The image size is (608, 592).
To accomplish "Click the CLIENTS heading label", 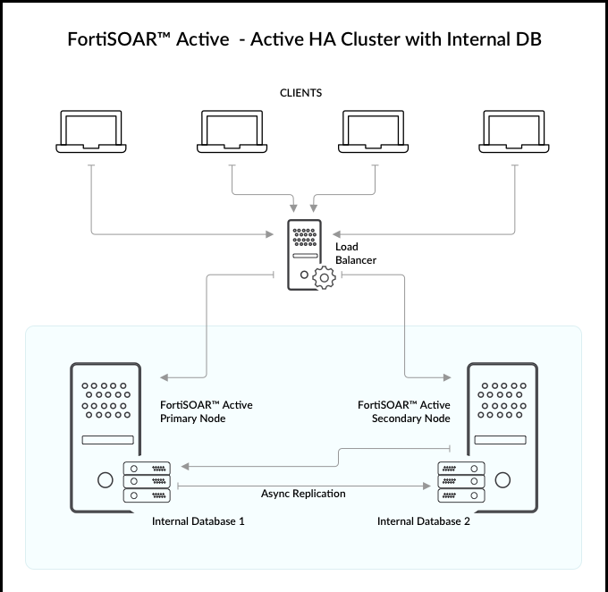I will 300,93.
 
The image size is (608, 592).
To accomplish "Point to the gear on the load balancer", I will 322,277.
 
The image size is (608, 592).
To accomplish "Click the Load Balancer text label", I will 356,253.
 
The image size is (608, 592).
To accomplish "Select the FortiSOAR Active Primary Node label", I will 206,411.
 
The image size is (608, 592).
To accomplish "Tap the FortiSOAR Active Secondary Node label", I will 404,411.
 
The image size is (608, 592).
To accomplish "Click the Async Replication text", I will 303,493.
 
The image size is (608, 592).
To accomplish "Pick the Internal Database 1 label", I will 198,521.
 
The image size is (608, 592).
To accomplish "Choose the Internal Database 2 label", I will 424,521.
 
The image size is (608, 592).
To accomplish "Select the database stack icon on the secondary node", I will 460,481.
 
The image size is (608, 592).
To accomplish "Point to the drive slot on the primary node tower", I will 107,440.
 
